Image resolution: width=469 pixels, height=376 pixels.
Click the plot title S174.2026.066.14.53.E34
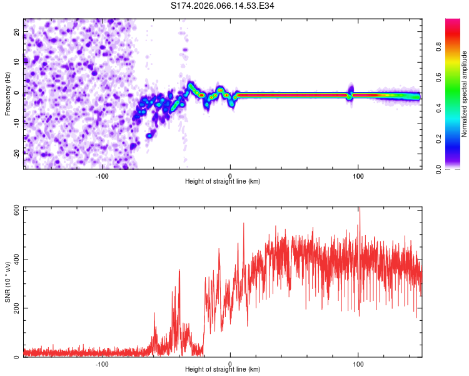point(223,6)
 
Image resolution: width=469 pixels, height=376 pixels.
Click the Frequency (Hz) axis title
point(8,94)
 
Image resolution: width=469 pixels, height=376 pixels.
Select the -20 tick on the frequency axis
point(17,153)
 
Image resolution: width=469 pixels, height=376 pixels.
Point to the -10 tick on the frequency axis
point(17,123)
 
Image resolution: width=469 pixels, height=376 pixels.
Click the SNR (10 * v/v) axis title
point(8,281)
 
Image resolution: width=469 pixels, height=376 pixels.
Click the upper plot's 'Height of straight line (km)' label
point(223,181)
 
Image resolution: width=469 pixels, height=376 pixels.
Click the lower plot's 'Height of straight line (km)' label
point(223,370)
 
